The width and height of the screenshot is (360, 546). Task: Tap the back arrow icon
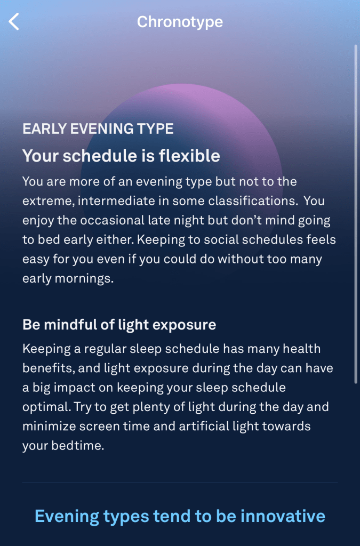pos(14,22)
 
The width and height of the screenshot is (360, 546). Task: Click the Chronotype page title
pos(180,22)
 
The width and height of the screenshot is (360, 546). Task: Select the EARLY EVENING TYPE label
pos(98,129)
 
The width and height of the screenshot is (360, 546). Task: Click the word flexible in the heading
pos(189,156)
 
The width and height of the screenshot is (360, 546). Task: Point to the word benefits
pos(49,368)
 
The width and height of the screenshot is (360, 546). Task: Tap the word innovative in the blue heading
pos(283,516)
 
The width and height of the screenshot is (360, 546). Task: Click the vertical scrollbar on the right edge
pos(356,214)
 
